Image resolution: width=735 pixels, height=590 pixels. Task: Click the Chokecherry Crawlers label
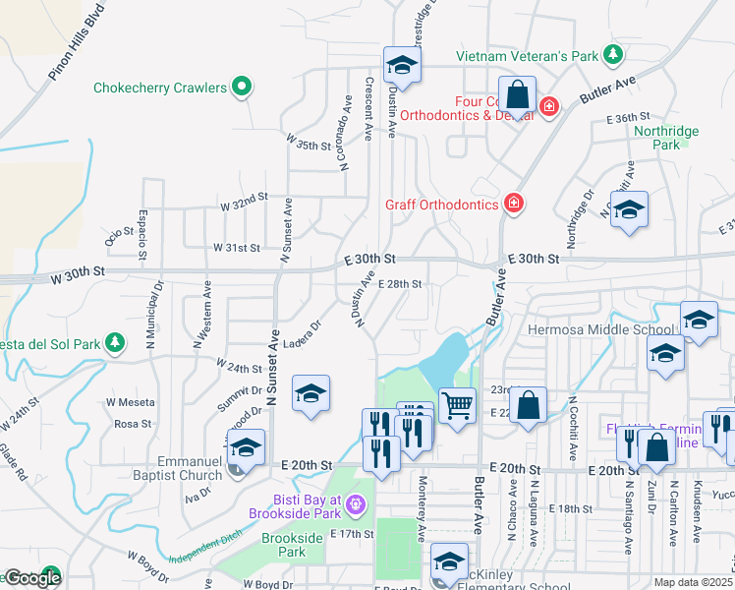pos(160,88)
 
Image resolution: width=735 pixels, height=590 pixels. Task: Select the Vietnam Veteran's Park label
pos(527,55)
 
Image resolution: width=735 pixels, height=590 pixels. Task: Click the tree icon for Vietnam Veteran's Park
pos(613,53)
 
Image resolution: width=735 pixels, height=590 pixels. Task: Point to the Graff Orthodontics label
pos(441,206)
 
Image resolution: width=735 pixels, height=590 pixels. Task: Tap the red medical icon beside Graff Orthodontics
pos(512,204)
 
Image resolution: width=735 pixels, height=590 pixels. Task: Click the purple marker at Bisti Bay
pos(355,505)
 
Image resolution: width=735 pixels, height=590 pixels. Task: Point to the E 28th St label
pos(399,284)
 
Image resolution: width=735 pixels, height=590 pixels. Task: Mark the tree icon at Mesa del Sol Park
pos(116,343)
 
